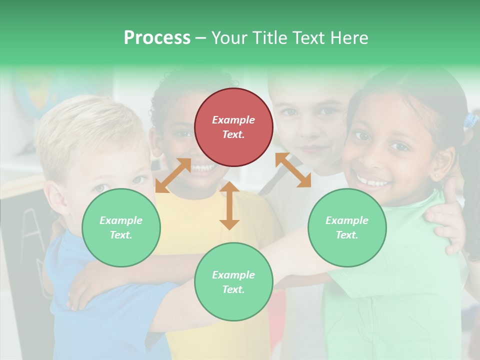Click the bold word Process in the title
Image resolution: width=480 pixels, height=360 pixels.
point(157,38)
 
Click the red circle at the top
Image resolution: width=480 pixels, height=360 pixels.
point(233,127)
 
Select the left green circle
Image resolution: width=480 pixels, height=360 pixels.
point(121,227)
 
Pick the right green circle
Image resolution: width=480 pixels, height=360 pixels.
point(347,227)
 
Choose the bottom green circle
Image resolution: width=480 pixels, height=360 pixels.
point(233,282)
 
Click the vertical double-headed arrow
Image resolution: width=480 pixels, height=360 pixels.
point(229,205)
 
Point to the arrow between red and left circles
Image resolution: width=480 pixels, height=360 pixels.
point(173,175)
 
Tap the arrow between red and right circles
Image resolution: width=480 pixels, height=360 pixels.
point(293,170)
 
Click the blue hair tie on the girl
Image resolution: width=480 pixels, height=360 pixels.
point(470,120)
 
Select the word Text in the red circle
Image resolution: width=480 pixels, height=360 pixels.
point(233,135)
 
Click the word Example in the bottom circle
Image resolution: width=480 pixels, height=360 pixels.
point(233,275)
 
